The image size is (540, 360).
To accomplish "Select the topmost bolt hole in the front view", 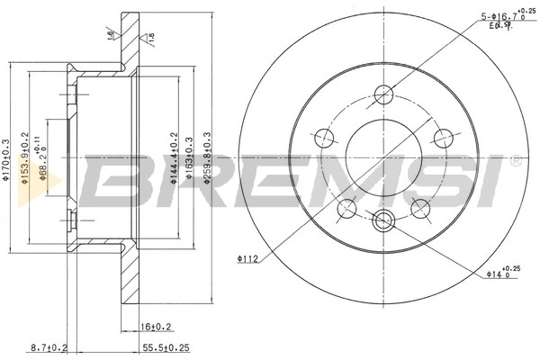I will (x=381, y=93).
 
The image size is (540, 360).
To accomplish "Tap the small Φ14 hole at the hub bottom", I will (x=381, y=220).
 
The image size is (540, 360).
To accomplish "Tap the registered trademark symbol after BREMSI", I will (x=514, y=163).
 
